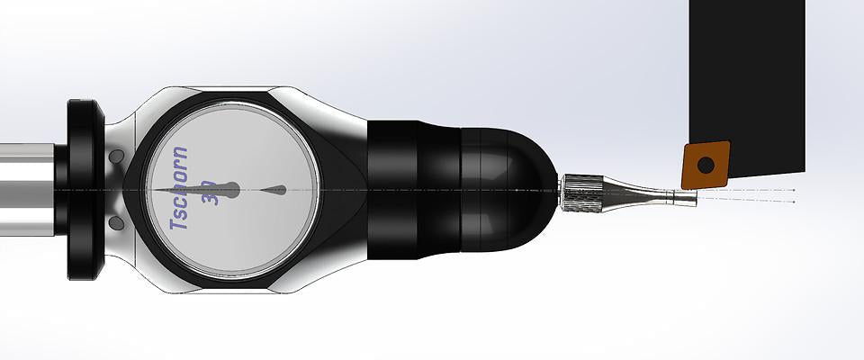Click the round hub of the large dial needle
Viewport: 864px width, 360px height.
click(230, 190)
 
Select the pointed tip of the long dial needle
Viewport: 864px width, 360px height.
click(155, 191)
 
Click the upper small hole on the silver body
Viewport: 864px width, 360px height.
click(115, 158)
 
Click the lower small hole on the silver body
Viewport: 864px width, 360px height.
click(115, 221)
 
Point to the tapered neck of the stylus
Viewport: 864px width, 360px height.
click(630, 193)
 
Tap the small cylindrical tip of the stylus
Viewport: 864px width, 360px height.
click(686, 195)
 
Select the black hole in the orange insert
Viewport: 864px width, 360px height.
click(705, 165)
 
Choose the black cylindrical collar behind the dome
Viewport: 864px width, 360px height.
click(414, 191)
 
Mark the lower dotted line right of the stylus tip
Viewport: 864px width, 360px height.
click(747, 200)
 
